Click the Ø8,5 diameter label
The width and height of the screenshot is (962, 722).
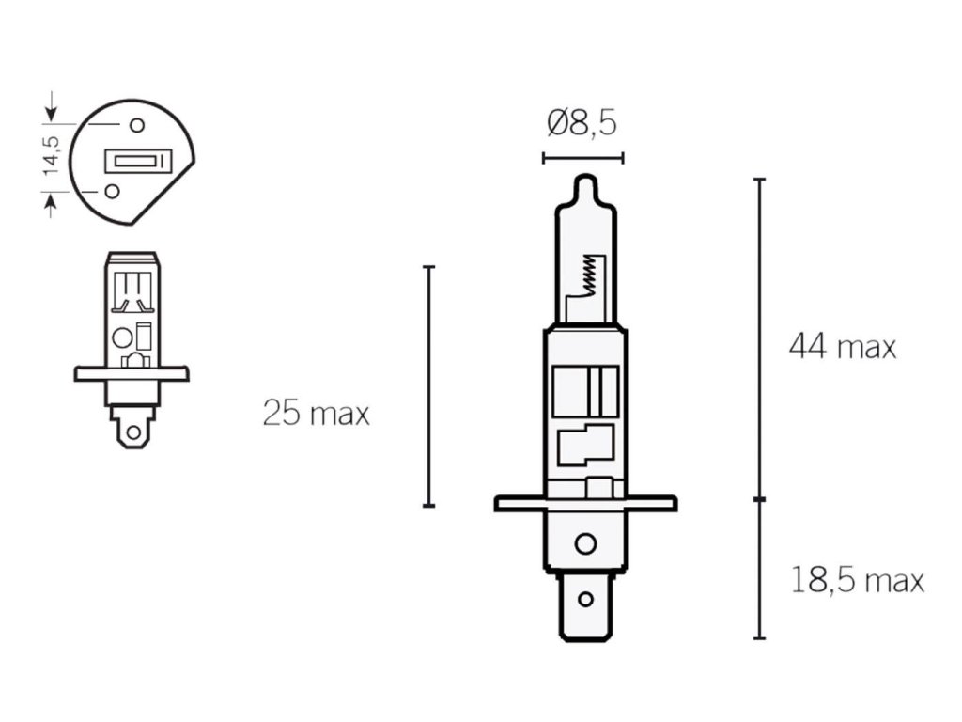[x=582, y=123]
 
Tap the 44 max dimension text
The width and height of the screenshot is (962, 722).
[x=842, y=347]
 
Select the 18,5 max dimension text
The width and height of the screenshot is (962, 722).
[x=857, y=581]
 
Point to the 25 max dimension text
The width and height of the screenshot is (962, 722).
[x=316, y=413]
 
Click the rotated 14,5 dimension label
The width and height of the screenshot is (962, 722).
[x=52, y=155]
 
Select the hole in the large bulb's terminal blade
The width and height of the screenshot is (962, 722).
[x=586, y=599]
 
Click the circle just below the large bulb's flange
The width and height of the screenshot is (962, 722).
[x=585, y=544]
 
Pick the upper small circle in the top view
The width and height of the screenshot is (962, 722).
[x=137, y=125]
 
